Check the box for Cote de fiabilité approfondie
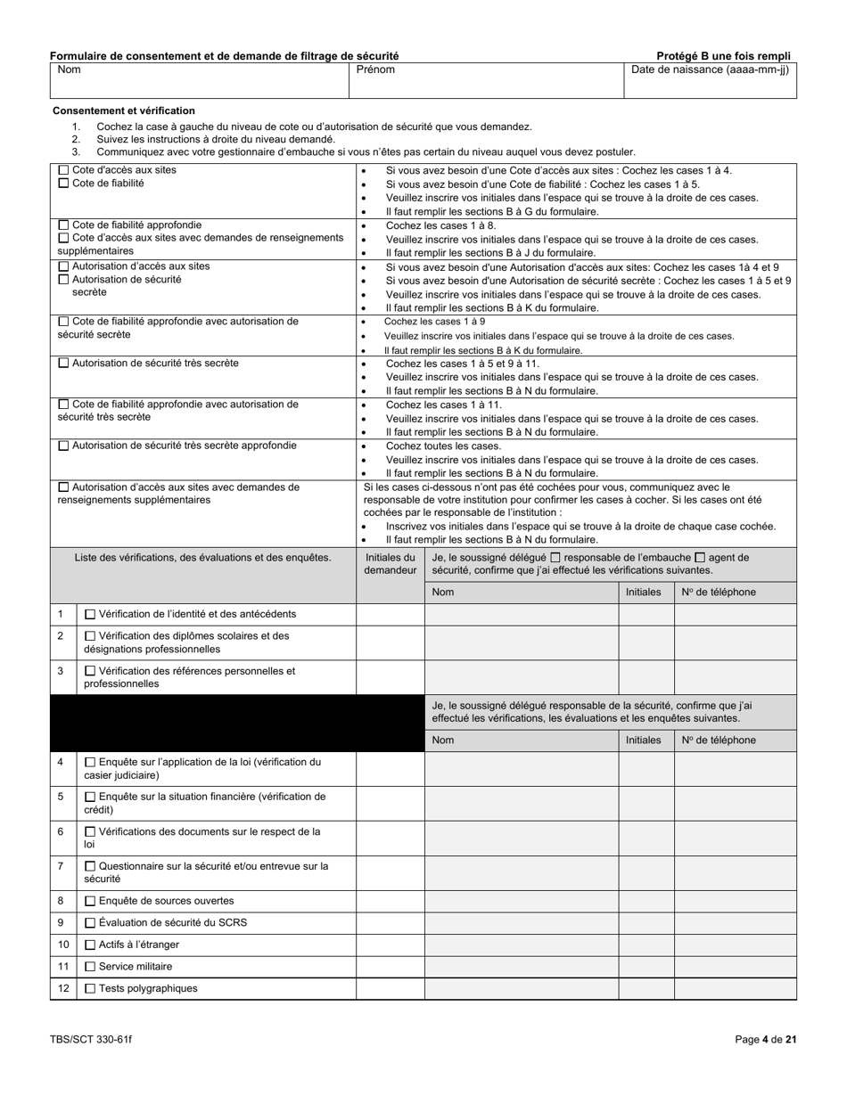pos(63,225)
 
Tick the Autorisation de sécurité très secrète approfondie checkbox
pos(63,446)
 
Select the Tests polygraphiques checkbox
pos(90,988)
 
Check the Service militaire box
pos(90,966)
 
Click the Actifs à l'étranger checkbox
pos(90,945)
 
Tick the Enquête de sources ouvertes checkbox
pos(90,901)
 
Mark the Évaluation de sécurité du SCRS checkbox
pos(90,923)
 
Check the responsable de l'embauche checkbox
pos(555,558)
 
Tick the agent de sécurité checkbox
pos(700,558)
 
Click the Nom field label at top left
pos(69,70)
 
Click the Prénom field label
pos(375,70)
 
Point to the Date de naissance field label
pos(710,70)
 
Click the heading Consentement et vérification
pos(124,110)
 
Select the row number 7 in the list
pos(61,865)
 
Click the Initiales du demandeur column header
pos(391,564)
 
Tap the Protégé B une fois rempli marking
pos(723,55)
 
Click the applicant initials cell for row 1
pos(391,614)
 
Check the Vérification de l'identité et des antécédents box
pos(90,614)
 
